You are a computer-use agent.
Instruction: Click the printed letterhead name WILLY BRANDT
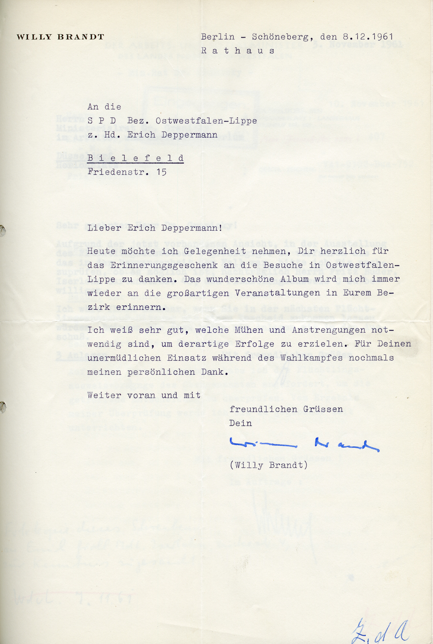coord(60,37)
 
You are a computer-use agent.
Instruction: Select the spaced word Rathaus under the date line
coord(237,51)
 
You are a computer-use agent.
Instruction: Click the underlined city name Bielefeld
coord(136,158)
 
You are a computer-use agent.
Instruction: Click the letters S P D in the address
coord(102,121)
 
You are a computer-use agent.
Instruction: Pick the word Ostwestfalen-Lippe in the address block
coord(206,121)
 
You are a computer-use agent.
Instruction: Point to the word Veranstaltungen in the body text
coord(278,293)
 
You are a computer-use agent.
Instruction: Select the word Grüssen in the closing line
coord(323,409)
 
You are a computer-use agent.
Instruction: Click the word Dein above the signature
coord(240,423)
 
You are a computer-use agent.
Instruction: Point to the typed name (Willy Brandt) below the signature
coord(268,465)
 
